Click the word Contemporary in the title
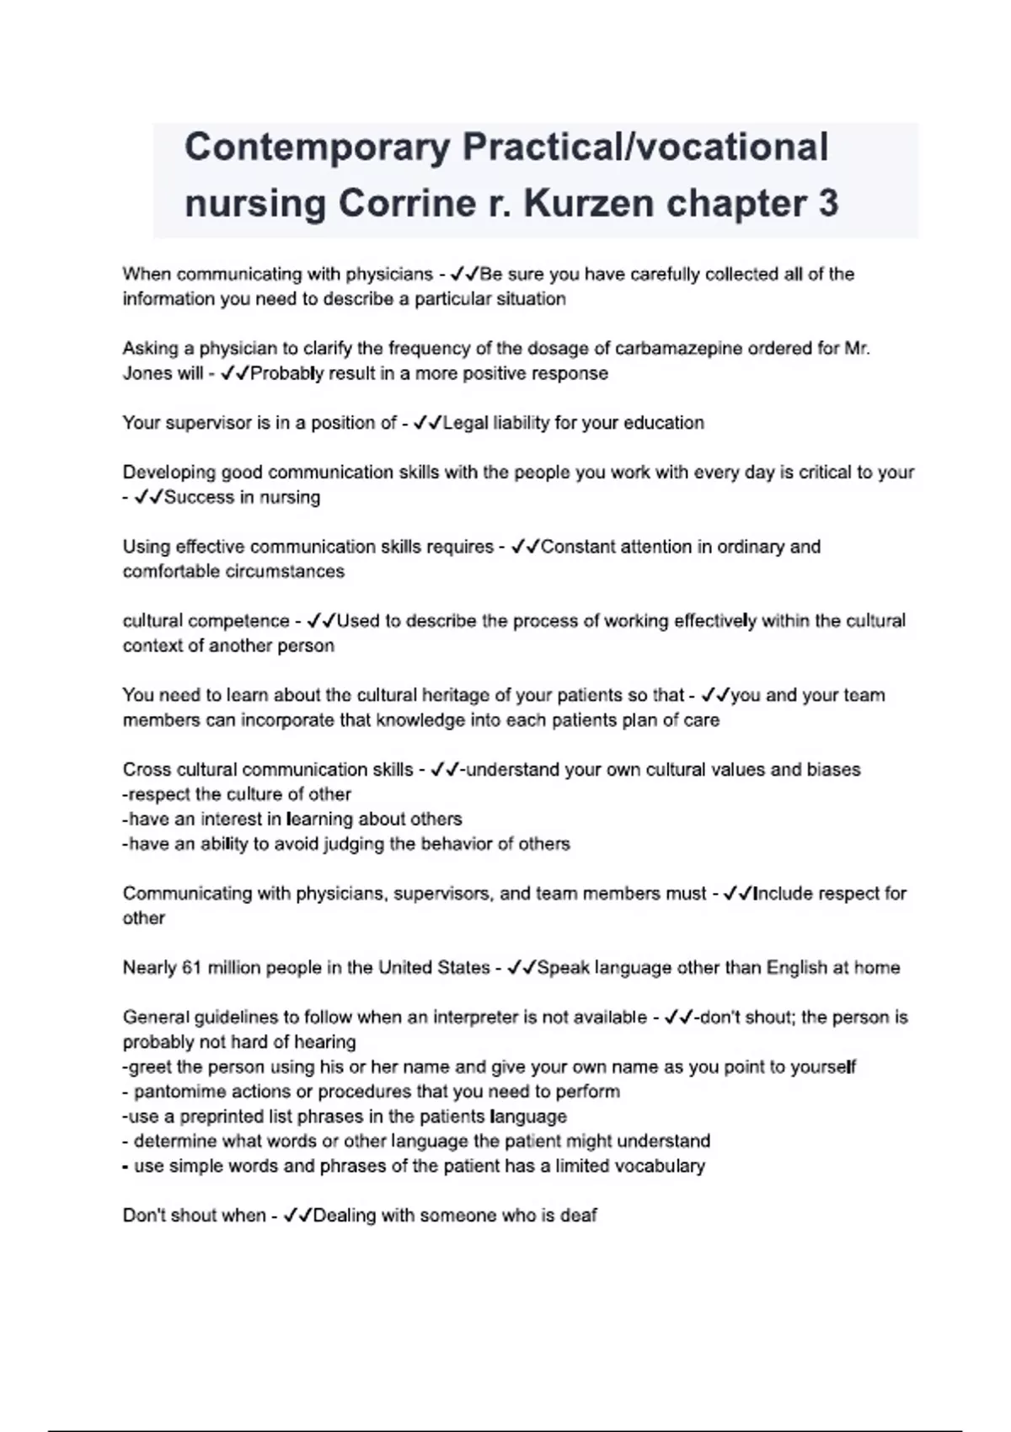(x=318, y=147)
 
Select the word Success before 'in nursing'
(x=197, y=497)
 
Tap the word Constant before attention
(x=578, y=547)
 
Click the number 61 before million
(x=191, y=967)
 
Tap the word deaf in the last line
(x=579, y=1216)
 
